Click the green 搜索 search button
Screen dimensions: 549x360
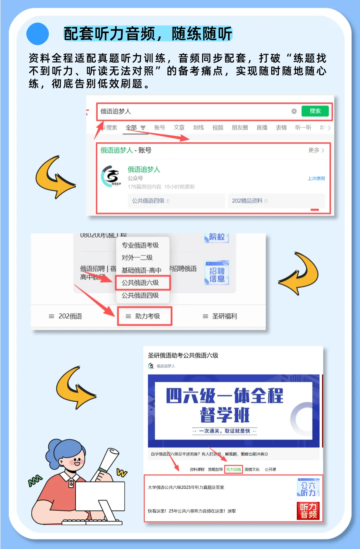(x=315, y=111)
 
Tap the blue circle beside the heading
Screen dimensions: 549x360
(x=38, y=34)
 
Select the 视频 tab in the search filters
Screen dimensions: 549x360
(x=218, y=127)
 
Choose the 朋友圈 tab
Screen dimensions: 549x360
(x=240, y=127)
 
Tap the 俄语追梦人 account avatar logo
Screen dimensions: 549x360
(x=111, y=176)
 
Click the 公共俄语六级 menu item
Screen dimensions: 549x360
(x=140, y=283)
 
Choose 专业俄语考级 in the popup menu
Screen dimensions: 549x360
(x=140, y=245)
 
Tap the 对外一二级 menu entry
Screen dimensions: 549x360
(x=137, y=257)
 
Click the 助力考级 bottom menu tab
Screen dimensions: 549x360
(x=144, y=316)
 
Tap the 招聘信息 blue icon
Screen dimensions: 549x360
(x=217, y=273)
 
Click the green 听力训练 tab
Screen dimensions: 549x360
(x=233, y=469)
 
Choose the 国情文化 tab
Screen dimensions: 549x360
(x=252, y=469)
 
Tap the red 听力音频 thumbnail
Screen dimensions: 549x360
(x=308, y=511)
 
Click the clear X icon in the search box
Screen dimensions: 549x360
(x=294, y=111)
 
